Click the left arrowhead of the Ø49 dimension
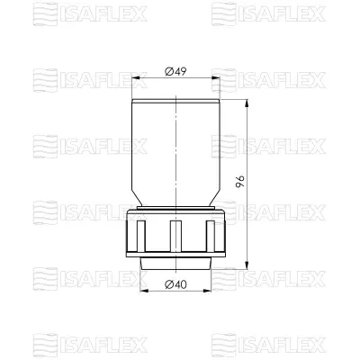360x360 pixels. point(137,81)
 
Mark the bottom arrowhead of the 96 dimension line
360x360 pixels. point(244,264)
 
